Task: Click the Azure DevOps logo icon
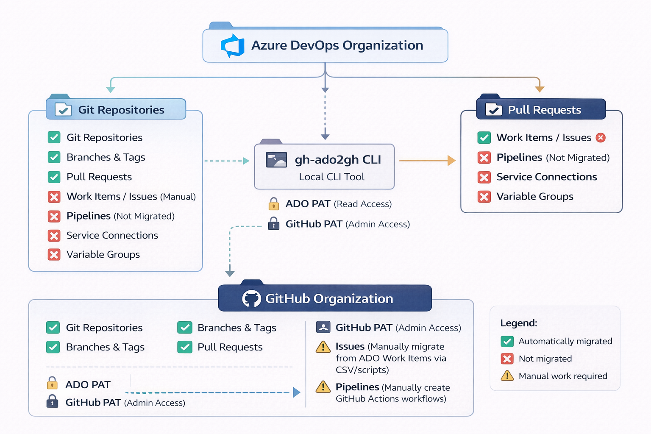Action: pyautogui.click(x=233, y=45)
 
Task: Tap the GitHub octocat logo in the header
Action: pyautogui.click(x=251, y=299)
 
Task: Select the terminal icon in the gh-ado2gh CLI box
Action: pyautogui.click(x=276, y=160)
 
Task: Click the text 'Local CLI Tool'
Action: pyautogui.click(x=331, y=177)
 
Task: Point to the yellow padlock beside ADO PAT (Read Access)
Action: pyautogui.click(x=274, y=204)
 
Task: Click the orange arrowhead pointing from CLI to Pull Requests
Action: pyautogui.click(x=451, y=161)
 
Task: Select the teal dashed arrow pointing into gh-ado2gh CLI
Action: pyautogui.click(x=246, y=161)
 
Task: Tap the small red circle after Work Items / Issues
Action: pyautogui.click(x=601, y=138)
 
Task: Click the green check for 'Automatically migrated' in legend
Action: pyautogui.click(x=507, y=341)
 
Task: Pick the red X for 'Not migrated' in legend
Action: pyautogui.click(x=507, y=359)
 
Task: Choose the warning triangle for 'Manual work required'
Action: pyautogui.click(x=507, y=376)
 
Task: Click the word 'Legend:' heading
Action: pyautogui.click(x=518, y=323)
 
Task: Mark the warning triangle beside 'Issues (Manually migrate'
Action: pyautogui.click(x=323, y=347)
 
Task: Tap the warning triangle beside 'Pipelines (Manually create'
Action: pyautogui.click(x=323, y=387)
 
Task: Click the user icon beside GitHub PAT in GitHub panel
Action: pyautogui.click(x=323, y=327)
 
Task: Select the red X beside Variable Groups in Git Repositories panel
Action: pyautogui.click(x=54, y=255)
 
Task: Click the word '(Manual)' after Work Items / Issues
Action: pyautogui.click(x=178, y=197)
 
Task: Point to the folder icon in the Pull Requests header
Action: pyautogui.click(x=493, y=110)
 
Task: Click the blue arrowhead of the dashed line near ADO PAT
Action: pyautogui.click(x=297, y=392)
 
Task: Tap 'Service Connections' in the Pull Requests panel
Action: pyautogui.click(x=546, y=177)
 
